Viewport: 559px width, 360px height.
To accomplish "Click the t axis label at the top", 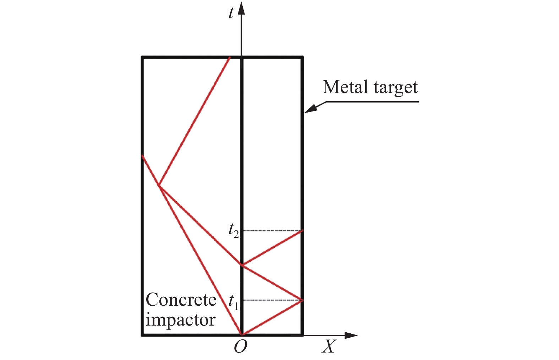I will (231, 13).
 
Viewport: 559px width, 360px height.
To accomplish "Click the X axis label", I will (328, 346).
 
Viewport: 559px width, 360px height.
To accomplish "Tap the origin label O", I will (240, 346).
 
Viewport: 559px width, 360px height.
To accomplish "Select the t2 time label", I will (233, 230).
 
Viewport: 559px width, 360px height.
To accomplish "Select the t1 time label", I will (233, 302).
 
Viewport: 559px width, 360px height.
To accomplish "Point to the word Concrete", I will (181, 300).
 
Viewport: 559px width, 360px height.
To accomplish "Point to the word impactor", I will (180, 320).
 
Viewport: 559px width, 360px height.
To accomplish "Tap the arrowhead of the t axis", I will (241, 8).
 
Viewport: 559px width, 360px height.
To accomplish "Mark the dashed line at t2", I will (272, 231).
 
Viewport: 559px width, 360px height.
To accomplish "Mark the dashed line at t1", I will (272, 300).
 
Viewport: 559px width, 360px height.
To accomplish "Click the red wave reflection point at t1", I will (302, 300).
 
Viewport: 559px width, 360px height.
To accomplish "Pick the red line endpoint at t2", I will (302, 231).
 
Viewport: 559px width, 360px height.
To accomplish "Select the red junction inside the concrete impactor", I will (159, 186).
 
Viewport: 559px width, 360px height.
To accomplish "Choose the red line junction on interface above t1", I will (242, 265).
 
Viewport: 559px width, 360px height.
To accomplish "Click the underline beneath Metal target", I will (373, 102).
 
